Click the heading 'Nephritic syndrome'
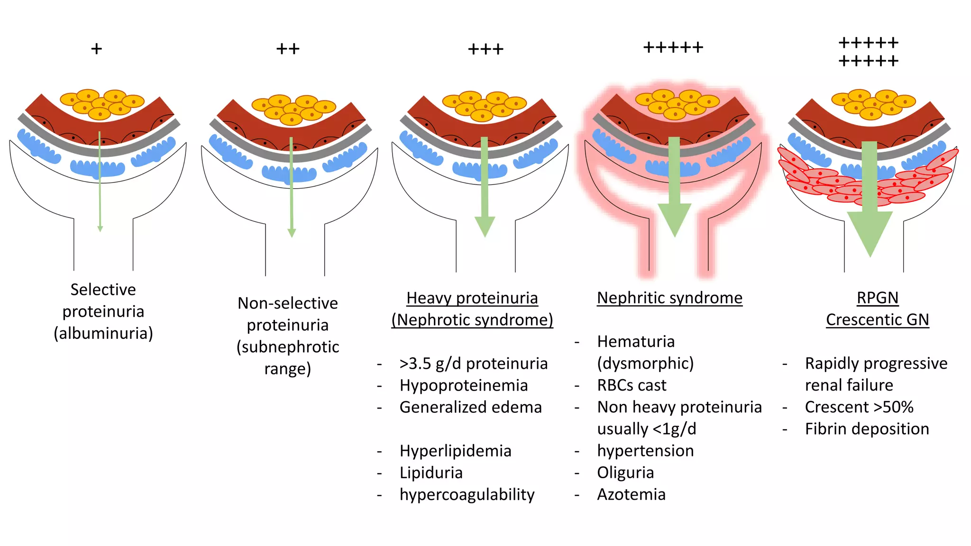(x=669, y=298)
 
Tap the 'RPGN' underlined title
(x=877, y=298)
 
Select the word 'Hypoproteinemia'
(x=463, y=385)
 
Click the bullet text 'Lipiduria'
(x=431, y=473)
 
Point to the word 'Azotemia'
(x=631, y=494)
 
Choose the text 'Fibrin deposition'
(x=867, y=429)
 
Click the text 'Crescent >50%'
(x=859, y=407)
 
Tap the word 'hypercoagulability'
(x=467, y=494)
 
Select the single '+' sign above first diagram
(x=96, y=49)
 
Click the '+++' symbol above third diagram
(x=485, y=49)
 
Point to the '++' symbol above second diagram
(x=288, y=49)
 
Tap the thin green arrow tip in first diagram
(x=100, y=229)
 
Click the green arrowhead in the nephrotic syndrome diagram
(x=485, y=226)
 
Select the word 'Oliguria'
(x=625, y=473)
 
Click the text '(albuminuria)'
(x=103, y=333)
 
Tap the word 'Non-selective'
(x=287, y=303)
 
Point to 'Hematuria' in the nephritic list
(x=635, y=342)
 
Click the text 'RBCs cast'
(x=631, y=385)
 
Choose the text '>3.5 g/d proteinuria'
(x=473, y=364)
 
